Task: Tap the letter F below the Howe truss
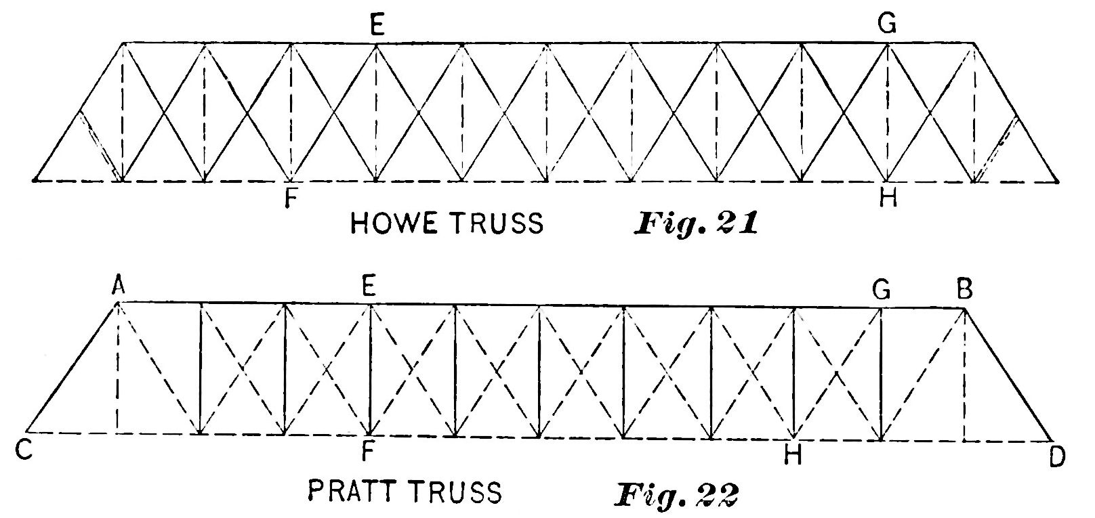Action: (291, 200)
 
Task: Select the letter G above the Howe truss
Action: (886, 26)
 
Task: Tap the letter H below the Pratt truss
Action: (792, 456)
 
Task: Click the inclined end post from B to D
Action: (1008, 374)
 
